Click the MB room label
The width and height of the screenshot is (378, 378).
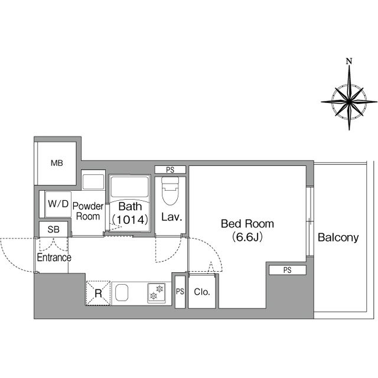click(x=57, y=163)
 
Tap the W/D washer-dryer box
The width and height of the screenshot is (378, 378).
click(x=58, y=204)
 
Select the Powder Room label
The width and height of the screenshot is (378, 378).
click(x=88, y=211)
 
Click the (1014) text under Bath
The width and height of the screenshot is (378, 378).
click(x=130, y=220)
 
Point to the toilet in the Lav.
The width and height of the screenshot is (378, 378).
click(x=170, y=191)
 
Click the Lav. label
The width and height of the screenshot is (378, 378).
click(x=171, y=217)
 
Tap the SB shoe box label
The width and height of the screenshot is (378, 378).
click(x=54, y=230)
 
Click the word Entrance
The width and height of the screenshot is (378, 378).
click(x=54, y=258)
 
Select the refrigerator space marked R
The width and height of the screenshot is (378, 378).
click(x=98, y=293)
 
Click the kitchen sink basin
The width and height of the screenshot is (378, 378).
click(x=122, y=293)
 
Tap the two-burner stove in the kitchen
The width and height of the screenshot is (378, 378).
click(x=157, y=293)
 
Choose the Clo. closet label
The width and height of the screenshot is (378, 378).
click(x=202, y=292)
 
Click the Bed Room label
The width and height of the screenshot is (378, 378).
click(x=247, y=224)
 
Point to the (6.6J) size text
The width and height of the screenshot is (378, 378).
click(x=247, y=237)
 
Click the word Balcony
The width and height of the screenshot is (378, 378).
click(x=338, y=237)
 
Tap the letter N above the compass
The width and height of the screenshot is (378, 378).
click(x=349, y=61)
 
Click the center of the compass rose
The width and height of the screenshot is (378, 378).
click(x=349, y=102)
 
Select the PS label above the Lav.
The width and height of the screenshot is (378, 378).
click(x=170, y=170)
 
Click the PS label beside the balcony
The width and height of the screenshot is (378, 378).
click(x=288, y=270)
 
